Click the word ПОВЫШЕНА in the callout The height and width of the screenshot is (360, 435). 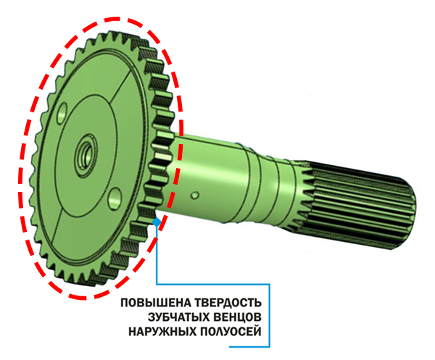click(156, 302)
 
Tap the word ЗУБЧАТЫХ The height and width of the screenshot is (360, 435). click(180, 317)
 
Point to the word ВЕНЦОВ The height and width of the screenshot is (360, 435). click(239, 317)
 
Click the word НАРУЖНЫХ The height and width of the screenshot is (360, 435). click(162, 331)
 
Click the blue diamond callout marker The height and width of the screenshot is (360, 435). click(157, 222)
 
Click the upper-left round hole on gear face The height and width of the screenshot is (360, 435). click(62, 113)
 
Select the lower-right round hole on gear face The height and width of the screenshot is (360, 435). click(115, 198)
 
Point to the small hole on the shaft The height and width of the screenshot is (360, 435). click(195, 195)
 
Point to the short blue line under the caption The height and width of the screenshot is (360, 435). click(249, 346)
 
